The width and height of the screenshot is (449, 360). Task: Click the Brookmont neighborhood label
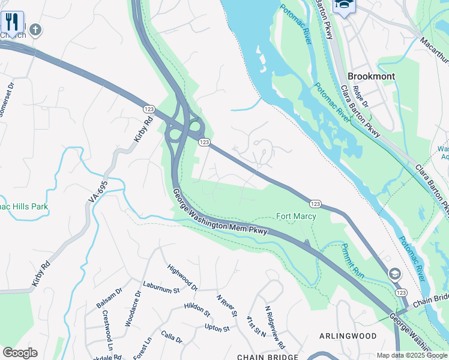tap(372, 76)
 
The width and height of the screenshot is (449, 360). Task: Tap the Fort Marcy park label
tap(295, 216)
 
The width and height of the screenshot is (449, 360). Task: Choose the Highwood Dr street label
tap(182, 278)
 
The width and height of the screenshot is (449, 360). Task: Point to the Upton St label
tap(217, 328)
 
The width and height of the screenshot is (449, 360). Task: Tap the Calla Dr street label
tap(171, 338)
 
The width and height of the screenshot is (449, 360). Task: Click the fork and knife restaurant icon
tap(12, 22)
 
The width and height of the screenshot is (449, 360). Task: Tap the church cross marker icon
tap(35, 29)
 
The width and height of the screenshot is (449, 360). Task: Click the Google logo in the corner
tap(20, 353)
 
